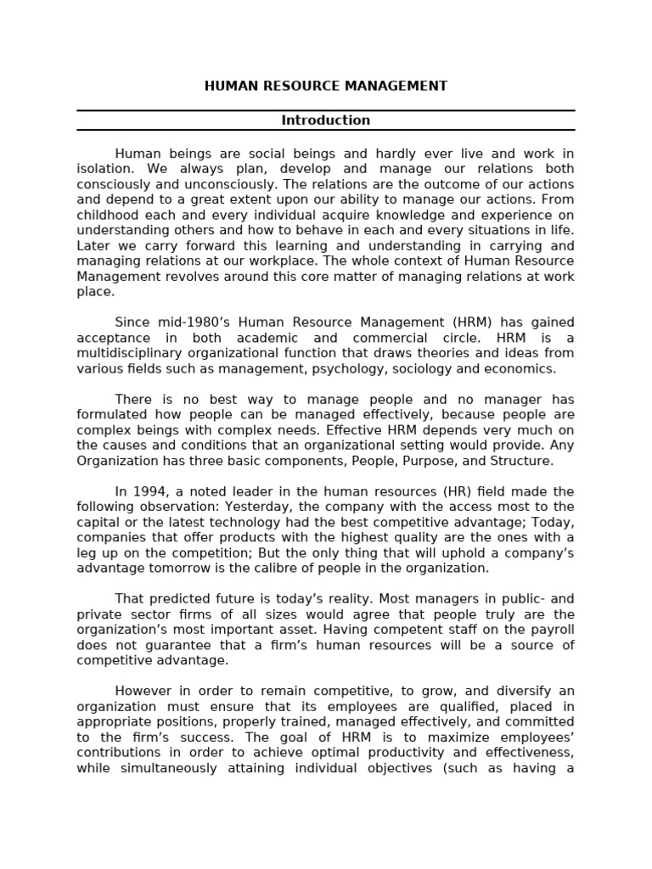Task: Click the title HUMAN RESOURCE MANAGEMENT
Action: pyautogui.click(x=325, y=87)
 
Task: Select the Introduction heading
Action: pyautogui.click(x=325, y=121)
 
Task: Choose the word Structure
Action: pyautogui.click(x=520, y=461)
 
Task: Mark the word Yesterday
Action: pyautogui.click(x=249, y=507)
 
